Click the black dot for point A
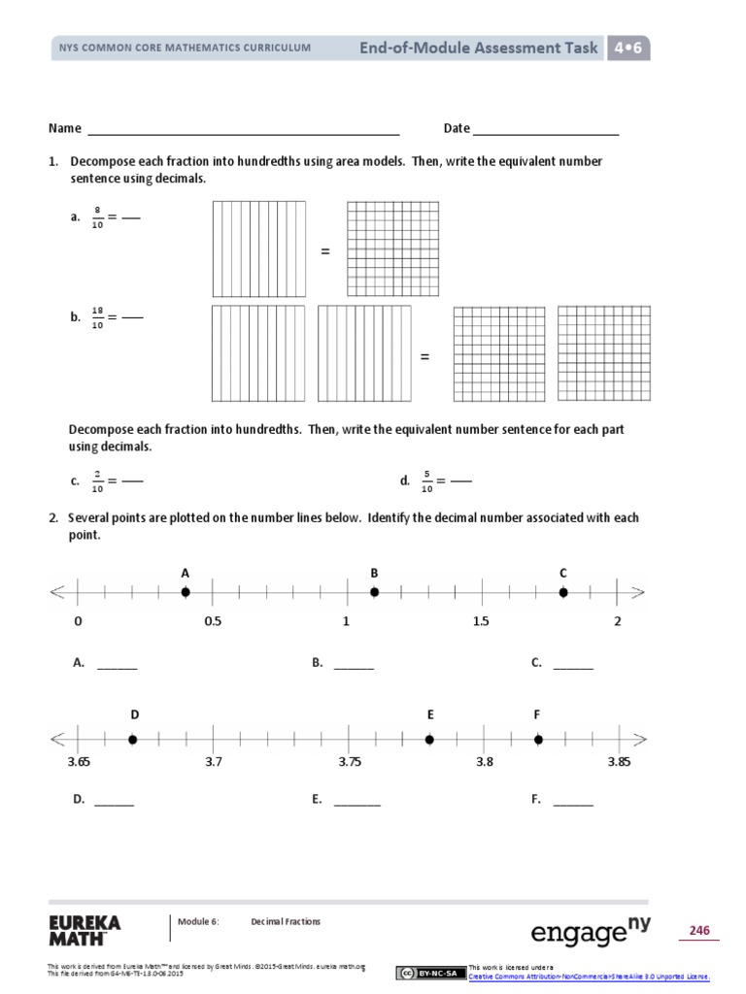186,592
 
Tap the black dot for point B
374,592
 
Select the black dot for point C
562,592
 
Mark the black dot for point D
133,740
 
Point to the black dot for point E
429,740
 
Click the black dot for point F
537,740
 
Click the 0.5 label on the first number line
213,621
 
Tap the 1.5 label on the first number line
482,621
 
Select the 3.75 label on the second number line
350,762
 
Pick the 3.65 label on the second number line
78,762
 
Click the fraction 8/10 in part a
98,217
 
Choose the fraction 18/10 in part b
98,316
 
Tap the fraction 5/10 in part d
426,480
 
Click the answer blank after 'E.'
356,803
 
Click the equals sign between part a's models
325,252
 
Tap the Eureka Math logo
84,929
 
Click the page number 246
699,931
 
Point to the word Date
457,128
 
